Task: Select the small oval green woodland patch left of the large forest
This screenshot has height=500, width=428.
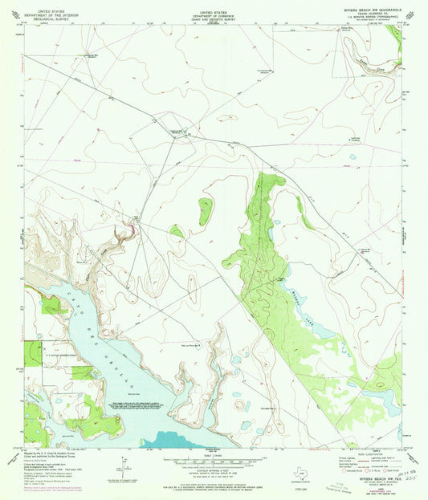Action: [x=206, y=211]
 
